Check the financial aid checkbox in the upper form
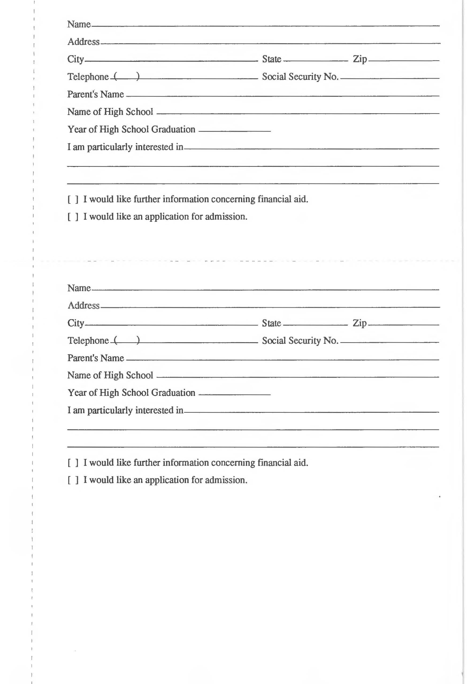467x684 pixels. pyautogui.click(x=73, y=200)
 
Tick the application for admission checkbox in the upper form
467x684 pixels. pyautogui.click(x=73, y=217)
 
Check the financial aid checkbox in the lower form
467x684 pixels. pyautogui.click(x=73, y=463)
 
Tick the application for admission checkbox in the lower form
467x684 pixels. pyautogui.click(x=73, y=480)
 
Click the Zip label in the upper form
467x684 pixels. pyautogui.click(x=360, y=59)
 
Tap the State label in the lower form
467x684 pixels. pyautogui.click(x=272, y=323)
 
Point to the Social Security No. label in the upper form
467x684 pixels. pyautogui.click(x=300, y=77)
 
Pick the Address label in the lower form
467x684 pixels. pyautogui.click(x=84, y=306)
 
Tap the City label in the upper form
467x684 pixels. pyautogui.click(x=76, y=59)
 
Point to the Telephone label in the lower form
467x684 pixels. pyautogui.click(x=88, y=341)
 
